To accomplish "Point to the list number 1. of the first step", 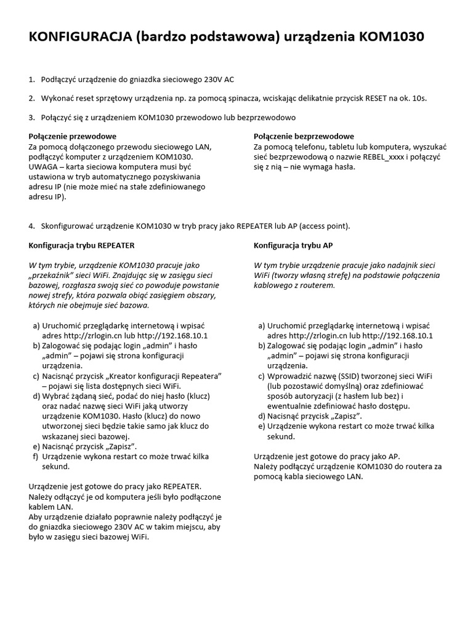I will [x=32, y=79].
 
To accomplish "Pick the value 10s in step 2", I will [x=419, y=98].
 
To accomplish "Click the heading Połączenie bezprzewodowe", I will [x=304, y=136].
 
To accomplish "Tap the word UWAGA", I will [x=43, y=166].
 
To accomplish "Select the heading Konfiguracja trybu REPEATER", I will [x=81, y=245].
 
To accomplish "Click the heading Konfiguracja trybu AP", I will [x=293, y=245].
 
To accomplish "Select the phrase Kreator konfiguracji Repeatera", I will [x=163, y=376].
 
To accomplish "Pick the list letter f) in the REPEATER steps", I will [x=34, y=456].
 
